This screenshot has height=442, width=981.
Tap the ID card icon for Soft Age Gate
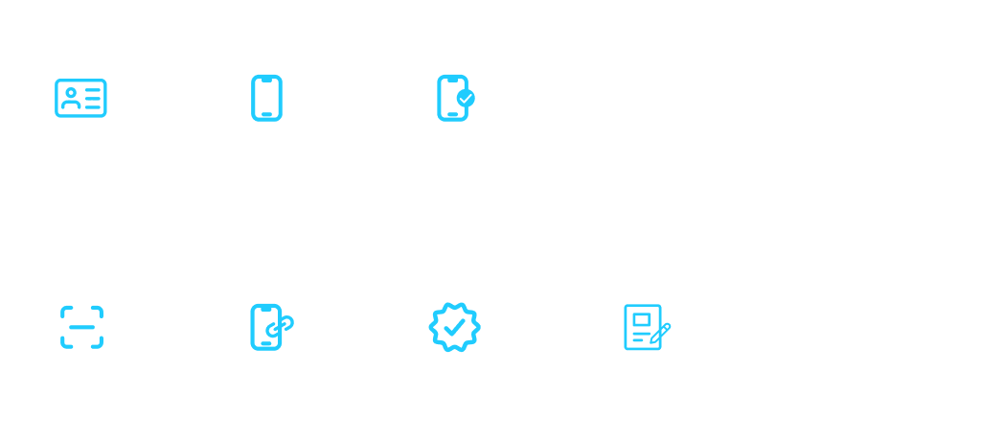click(x=80, y=98)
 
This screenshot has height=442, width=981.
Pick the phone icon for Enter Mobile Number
click(x=266, y=98)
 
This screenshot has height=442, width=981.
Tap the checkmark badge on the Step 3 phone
click(x=466, y=98)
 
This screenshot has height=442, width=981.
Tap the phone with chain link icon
click(x=266, y=327)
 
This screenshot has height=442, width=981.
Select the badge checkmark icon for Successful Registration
click(x=453, y=327)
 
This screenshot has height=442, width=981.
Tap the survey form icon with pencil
click(x=642, y=327)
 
